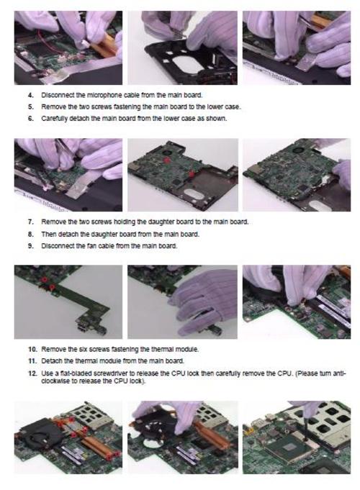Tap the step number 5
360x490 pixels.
[x=30, y=107]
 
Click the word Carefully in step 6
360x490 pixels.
[x=55, y=119]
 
